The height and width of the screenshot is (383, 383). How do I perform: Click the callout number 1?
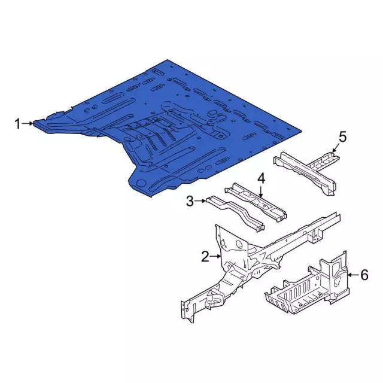[18, 124]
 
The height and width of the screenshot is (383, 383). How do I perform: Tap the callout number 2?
[205, 257]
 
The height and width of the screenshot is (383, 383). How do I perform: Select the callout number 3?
[190, 202]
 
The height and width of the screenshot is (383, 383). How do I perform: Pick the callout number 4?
[261, 178]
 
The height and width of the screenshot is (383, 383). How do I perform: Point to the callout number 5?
[342, 137]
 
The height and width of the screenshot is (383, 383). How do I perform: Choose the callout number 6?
[364, 275]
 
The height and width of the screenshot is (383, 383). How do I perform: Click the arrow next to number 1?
[28, 124]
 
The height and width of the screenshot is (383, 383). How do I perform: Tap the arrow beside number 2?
[216, 257]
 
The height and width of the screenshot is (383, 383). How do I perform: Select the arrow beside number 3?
[201, 202]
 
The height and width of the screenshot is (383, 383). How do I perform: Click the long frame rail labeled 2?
[269, 251]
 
